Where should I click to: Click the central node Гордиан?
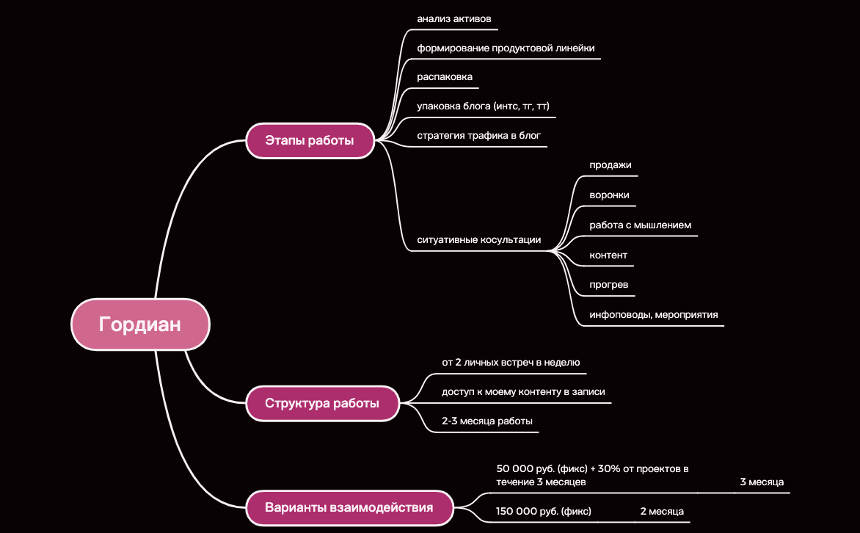[140, 324]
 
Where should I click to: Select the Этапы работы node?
[310, 140]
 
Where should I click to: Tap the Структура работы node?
[322, 404]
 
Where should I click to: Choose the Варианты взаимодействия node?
[349, 508]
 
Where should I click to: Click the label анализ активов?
[454, 18]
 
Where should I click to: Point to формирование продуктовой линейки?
[506, 48]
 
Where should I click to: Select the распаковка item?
[445, 77]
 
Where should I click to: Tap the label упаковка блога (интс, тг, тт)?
[484, 106]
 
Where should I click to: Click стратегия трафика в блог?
[479, 136]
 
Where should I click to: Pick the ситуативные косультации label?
[479, 240]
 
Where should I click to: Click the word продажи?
[611, 165]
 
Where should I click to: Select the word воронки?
[609, 195]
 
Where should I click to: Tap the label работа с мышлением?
[640, 225]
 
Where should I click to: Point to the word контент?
[608, 255]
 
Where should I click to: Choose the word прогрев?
[609, 285]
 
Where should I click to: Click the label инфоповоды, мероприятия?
[654, 315]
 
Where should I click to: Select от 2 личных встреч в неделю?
[511, 362]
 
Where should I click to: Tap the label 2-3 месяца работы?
[487, 421]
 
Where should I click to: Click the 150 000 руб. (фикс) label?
[544, 511]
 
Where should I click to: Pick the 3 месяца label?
[762, 482]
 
